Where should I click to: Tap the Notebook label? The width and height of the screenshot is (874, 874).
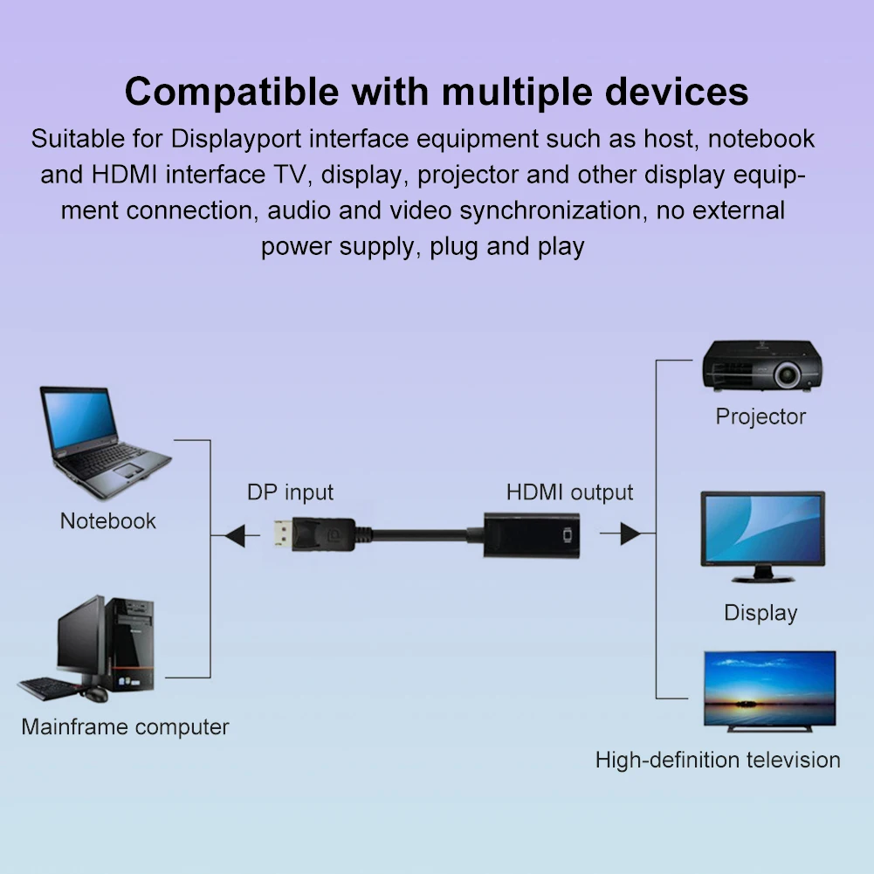tap(107, 521)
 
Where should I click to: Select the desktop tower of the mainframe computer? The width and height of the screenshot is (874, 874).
tap(132, 642)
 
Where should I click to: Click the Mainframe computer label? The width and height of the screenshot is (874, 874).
tap(125, 726)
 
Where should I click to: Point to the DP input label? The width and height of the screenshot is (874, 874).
tap(290, 492)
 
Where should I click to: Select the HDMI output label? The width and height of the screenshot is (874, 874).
tap(569, 492)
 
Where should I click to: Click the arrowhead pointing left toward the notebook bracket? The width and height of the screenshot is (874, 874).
tap(237, 533)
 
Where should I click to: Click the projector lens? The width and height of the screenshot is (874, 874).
tap(787, 375)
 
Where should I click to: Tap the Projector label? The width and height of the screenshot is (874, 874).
tap(760, 416)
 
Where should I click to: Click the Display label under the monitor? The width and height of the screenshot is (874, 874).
tap(760, 613)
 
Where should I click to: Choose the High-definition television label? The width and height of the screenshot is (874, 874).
tap(718, 760)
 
